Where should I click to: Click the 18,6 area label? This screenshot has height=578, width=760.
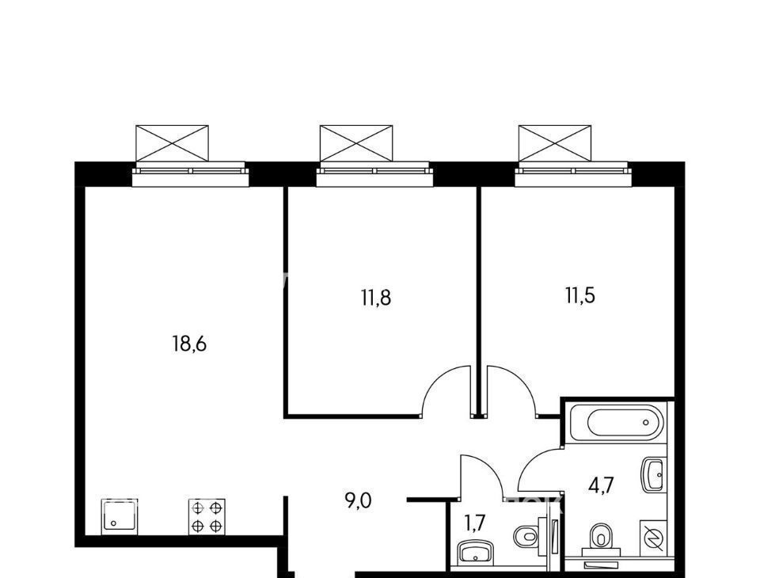click(189, 344)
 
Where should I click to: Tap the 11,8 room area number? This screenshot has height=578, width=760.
click(375, 297)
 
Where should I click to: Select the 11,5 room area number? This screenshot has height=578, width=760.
click(580, 295)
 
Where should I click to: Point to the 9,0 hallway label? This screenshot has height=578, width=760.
click(358, 500)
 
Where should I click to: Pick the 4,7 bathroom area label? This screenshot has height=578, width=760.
click(601, 485)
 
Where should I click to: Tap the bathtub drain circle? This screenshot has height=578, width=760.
click(646, 422)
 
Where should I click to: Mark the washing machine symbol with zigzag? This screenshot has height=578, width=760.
click(653, 538)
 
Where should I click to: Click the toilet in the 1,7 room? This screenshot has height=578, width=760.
click(530, 536)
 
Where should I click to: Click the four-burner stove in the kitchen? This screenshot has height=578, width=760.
click(207, 517)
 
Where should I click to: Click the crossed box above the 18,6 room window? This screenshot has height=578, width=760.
click(172, 143)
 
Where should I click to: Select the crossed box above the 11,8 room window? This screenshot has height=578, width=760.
click(356, 143)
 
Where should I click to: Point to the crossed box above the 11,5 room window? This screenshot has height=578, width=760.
click(555, 143)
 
